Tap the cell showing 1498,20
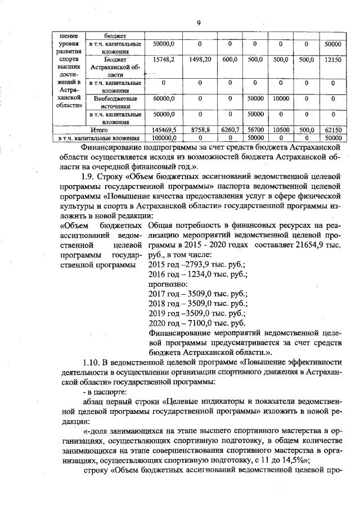(x=200, y=59)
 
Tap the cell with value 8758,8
(x=200, y=129)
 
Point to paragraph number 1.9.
(x=91, y=176)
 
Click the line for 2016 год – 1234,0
(x=197, y=274)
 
